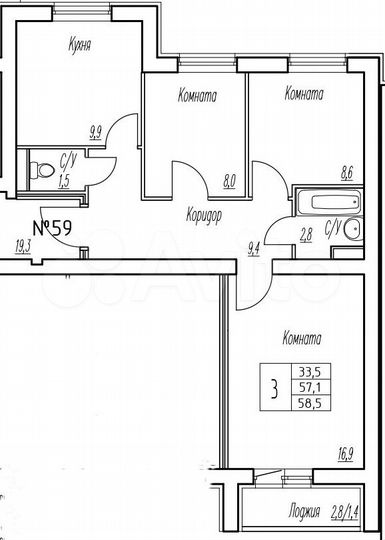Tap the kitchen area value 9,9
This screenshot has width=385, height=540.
tap(95, 129)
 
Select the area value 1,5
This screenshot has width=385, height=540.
tap(64, 181)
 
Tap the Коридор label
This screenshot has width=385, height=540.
tap(203, 214)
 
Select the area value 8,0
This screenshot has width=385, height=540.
tap(229, 182)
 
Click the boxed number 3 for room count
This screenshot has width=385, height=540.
tap(274, 386)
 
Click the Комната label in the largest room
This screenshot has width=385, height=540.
tap(303, 337)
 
